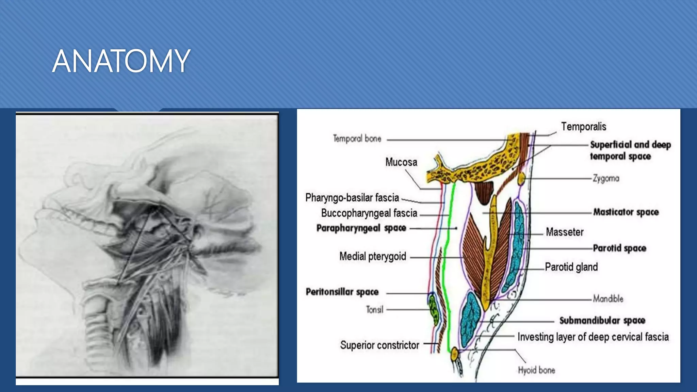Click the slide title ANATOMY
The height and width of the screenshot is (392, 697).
pos(121,61)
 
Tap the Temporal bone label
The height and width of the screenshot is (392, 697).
pos(357,138)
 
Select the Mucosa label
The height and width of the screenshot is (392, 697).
pos(401,162)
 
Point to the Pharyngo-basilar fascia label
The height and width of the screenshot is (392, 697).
pos(352,198)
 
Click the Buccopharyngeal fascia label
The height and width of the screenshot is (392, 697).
pos(369,213)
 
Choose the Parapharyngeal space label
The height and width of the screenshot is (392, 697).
pos(361,228)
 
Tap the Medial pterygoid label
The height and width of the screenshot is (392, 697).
pos(373,256)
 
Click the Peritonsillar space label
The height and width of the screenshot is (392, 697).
pos(342,292)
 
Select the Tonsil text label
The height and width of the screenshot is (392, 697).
pos(374,310)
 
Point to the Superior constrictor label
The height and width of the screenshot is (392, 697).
pos(379,345)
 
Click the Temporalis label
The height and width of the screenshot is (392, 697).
pos(584,127)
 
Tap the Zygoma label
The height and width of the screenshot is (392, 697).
pos(606,178)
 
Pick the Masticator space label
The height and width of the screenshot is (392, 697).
pos(626,212)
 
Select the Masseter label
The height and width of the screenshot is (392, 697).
pos(565,232)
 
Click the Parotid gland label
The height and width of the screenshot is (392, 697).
pos(571,267)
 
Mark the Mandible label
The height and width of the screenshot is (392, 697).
pos(608,299)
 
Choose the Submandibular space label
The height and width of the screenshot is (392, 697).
pos(602,321)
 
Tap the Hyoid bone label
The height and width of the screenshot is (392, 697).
pos(536,370)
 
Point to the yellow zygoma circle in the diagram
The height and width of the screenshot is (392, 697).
pos(521,178)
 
